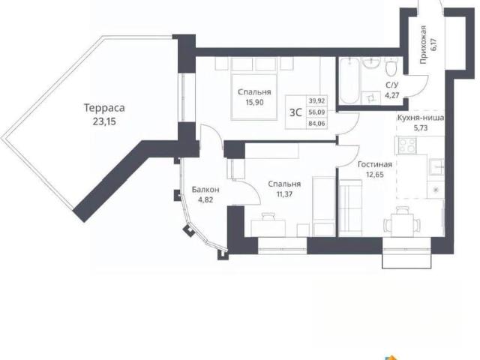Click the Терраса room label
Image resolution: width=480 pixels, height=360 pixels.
pyautogui.click(x=104, y=108)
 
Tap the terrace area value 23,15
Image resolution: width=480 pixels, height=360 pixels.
pyautogui.click(x=104, y=121)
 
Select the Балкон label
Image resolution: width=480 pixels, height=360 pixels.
pyautogui.click(x=205, y=190)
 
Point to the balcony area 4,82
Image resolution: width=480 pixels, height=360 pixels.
pyautogui.click(x=205, y=200)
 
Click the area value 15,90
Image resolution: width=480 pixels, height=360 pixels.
pyautogui.click(x=254, y=102)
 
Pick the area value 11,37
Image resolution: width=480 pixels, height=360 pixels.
pyautogui.click(x=284, y=194)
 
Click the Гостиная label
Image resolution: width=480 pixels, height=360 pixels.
pyautogui.click(x=375, y=164)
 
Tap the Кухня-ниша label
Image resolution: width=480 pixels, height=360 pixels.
pyautogui.click(x=421, y=118)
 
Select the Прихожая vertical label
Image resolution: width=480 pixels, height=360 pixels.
pyautogui.click(x=423, y=45)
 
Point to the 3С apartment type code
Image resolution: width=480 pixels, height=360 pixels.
pyautogui.click(x=295, y=112)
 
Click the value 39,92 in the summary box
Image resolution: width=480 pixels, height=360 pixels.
pyautogui.click(x=316, y=100)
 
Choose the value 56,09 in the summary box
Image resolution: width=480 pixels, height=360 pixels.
pyautogui.click(x=316, y=112)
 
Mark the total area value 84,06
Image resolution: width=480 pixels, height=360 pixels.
pyautogui.click(x=316, y=124)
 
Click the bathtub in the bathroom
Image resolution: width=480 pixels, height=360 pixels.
pyautogui.click(x=349, y=80)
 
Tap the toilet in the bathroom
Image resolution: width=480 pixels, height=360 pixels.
pyautogui.click(x=391, y=67)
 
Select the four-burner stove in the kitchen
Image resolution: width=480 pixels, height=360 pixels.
pyautogui.click(x=407, y=145)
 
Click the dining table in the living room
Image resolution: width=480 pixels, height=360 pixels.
pyautogui.click(x=402, y=223)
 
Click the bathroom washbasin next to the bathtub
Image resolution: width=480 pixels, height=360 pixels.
pyautogui.click(x=371, y=63)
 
